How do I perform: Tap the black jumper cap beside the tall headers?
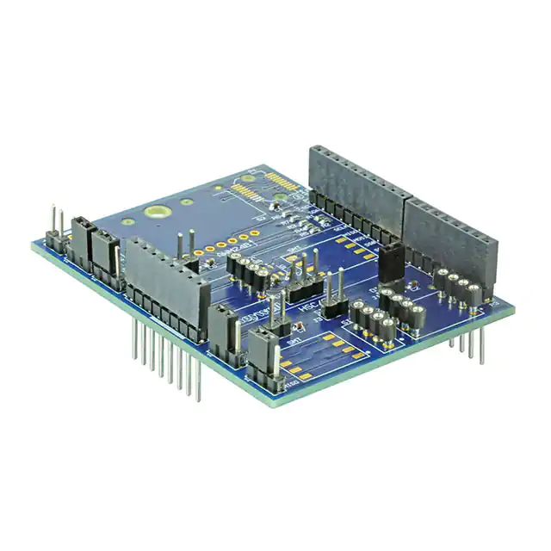click(391, 260)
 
